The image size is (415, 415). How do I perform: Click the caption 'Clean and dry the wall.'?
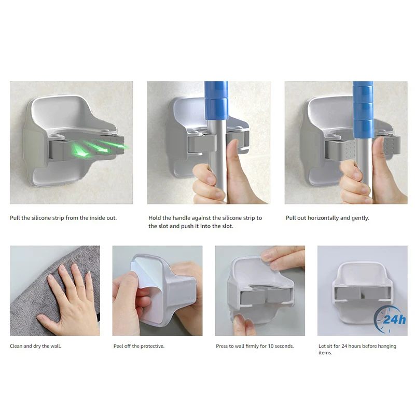click(x=35, y=346)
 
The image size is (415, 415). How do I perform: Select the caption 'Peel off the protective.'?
click(x=139, y=346)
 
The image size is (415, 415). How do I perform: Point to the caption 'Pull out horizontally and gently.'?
click(x=327, y=218)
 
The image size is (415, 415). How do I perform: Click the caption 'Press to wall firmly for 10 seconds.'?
click(x=255, y=346)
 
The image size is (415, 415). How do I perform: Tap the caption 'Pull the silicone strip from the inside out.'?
click(x=63, y=218)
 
